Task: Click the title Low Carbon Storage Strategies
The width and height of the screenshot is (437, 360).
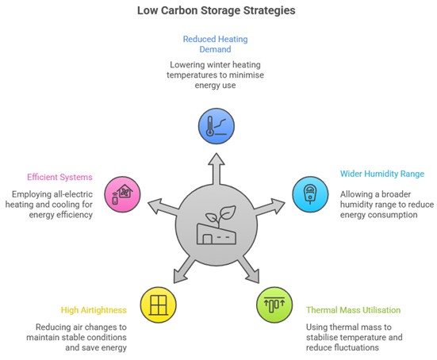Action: click(x=217, y=10)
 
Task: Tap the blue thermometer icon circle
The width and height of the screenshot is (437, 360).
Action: click(x=217, y=126)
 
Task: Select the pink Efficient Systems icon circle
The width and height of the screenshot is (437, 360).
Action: click(x=122, y=194)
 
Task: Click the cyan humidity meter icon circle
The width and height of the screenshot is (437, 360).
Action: click(x=310, y=194)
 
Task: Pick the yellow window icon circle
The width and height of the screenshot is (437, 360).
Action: click(x=159, y=304)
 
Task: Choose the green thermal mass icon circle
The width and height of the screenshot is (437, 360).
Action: click(x=274, y=304)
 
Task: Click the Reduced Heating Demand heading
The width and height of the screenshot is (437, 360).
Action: click(x=215, y=44)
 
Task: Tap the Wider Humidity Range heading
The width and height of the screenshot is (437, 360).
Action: click(x=382, y=174)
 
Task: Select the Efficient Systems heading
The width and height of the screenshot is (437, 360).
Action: click(x=59, y=177)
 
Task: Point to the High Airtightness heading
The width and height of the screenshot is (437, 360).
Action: click(x=94, y=310)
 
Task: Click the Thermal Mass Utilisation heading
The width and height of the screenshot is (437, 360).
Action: click(x=354, y=310)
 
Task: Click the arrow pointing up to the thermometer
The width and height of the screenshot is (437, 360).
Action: click(x=217, y=169)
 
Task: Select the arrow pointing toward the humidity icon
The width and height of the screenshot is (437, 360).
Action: click(x=268, y=207)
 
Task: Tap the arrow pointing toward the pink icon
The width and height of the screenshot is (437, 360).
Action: click(x=164, y=207)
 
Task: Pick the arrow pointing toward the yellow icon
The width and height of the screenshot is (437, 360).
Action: click(x=185, y=269)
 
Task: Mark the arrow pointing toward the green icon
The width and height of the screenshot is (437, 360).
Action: click(x=248, y=269)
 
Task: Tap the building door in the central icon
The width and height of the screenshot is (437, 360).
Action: click(x=207, y=239)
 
